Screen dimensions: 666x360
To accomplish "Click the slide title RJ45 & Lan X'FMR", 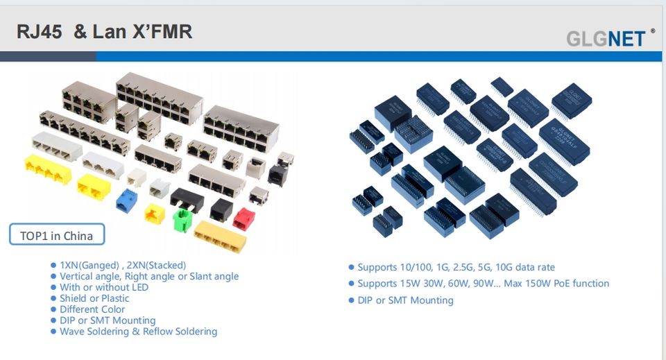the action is click(104, 32).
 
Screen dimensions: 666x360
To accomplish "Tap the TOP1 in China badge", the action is click(57, 235).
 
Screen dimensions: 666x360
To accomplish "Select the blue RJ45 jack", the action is click(126, 200).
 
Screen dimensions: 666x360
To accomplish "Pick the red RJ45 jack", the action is click(244, 217).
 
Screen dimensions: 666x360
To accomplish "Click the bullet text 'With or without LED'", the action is click(104, 287).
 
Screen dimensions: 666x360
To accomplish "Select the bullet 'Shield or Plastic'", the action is click(94, 298).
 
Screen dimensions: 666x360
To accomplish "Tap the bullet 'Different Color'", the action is click(92, 309).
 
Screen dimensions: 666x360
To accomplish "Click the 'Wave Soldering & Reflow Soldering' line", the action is click(138, 332).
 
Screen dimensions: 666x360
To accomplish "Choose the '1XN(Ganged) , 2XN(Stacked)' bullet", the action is click(123, 265).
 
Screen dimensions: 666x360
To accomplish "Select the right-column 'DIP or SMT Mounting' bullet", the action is click(405, 300).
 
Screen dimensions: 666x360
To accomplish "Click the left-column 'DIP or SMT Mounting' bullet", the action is click(108, 320).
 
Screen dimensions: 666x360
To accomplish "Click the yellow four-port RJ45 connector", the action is click(48, 169).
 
